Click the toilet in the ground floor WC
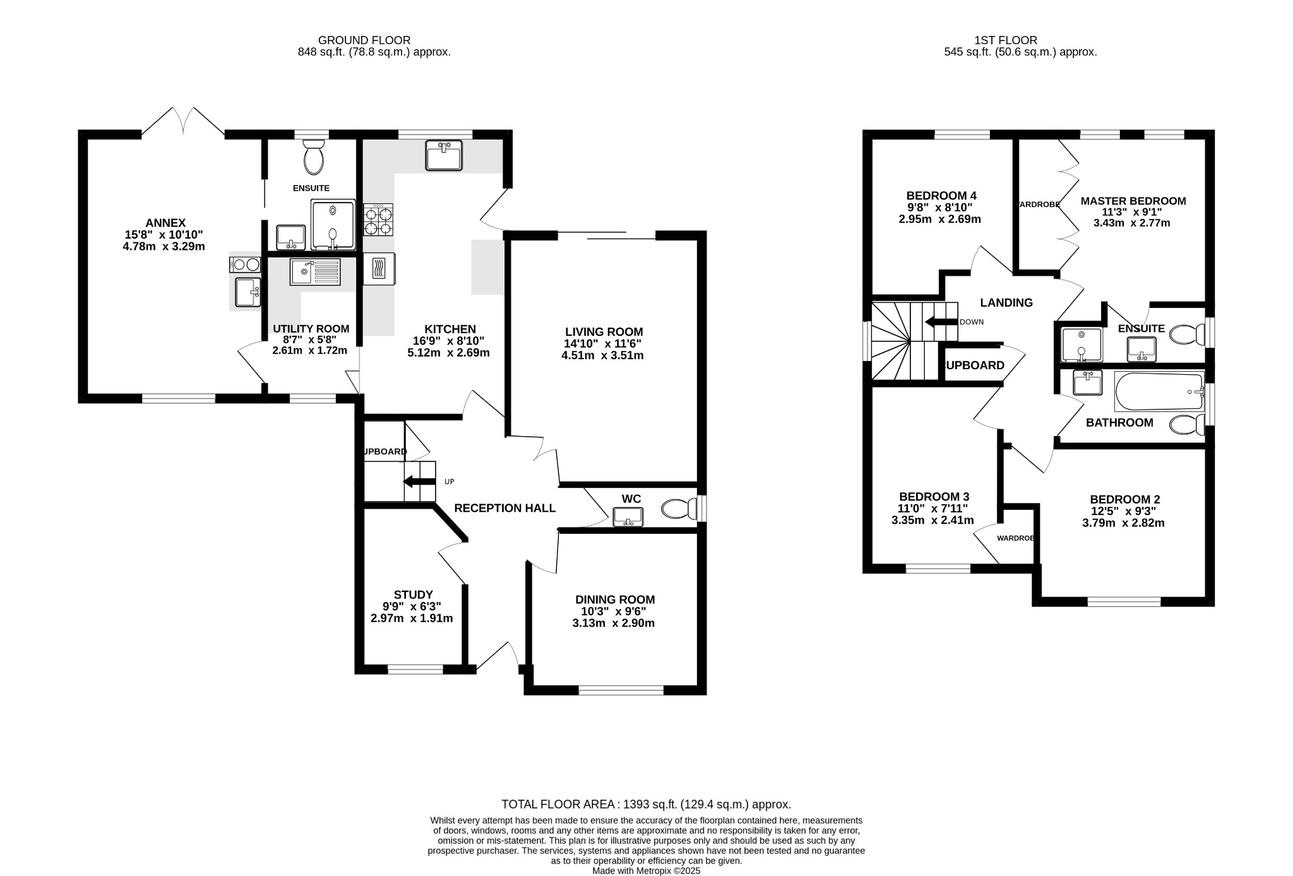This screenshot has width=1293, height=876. (x=678, y=509)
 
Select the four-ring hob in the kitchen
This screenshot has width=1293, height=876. (x=378, y=220)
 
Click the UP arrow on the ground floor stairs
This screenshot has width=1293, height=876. (x=419, y=482)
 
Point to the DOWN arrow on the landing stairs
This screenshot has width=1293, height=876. (x=941, y=322)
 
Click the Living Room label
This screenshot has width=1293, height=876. (x=604, y=332)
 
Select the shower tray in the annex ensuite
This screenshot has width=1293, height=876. (x=333, y=224)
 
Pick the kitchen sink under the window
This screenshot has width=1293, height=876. (x=444, y=155)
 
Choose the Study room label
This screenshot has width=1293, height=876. (x=413, y=595)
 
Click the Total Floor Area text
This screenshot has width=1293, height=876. (x=646, y=804)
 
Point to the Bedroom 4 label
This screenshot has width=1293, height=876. (x=941, y=196)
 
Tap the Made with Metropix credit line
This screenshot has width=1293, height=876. (x=646, y=870)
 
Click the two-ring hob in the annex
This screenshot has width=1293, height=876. (x=245, y=264)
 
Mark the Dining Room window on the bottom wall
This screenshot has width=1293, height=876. (x=621, y=690)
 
